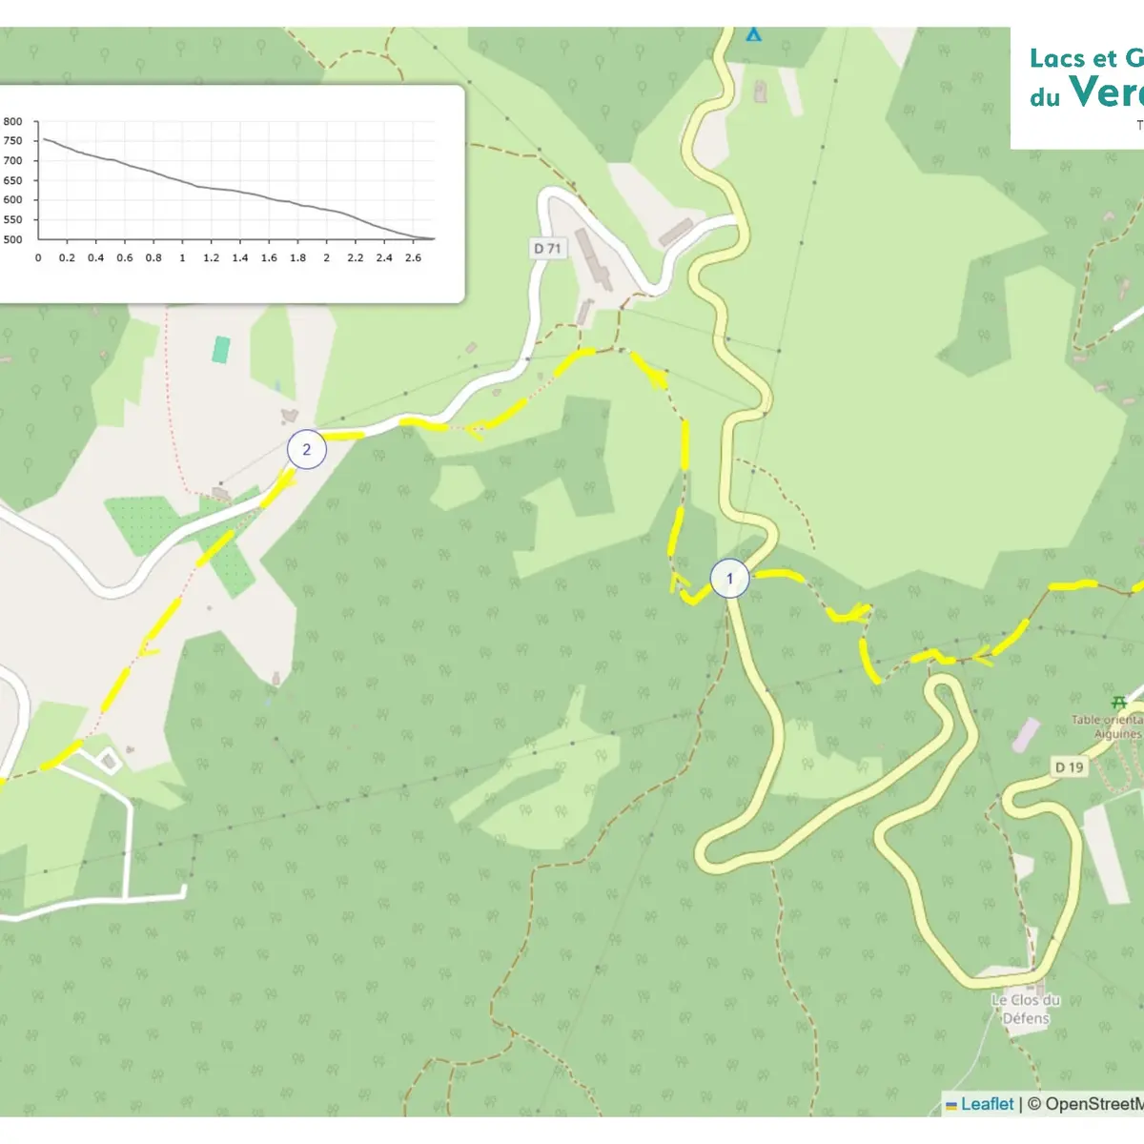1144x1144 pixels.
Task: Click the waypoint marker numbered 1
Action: point(730,579)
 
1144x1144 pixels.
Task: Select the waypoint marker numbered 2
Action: point(306,450)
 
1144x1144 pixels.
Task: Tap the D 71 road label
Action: point(547,249)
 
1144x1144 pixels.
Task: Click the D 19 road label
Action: point(1069,766)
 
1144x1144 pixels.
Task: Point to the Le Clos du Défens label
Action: point(1025,1009)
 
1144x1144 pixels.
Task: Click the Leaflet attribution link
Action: point(987,1104)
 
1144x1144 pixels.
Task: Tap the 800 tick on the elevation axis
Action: point(13,122)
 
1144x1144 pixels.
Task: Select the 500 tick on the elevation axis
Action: point(13,239)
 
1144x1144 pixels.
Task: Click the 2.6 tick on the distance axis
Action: point(413,257)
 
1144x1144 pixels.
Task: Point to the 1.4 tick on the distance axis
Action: point(240,257)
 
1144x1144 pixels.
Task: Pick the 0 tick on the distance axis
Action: point(38,257)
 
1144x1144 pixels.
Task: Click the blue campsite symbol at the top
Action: point(754,34)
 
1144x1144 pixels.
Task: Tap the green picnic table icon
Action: point(1119,703)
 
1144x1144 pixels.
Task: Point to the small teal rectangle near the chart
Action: point(221,350)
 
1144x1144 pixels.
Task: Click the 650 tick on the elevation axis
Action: point(13,180)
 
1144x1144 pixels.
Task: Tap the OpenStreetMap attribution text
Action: point(1092,1104)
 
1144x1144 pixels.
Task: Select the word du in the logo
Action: point(1044,97)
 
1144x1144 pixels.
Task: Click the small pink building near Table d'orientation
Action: point(1026,734)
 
